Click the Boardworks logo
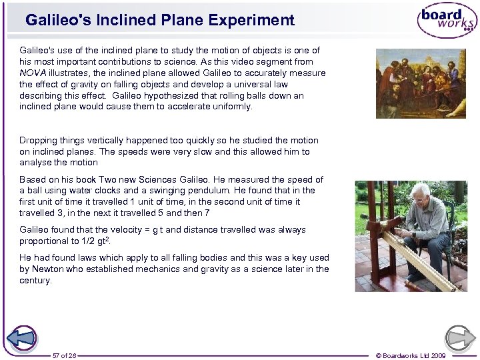point(447,20)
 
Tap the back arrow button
point(24,337)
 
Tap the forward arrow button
point(460,337)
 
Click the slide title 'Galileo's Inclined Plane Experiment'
point(160,20)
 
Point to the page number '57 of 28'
point(65,356)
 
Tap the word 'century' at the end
point(35,281)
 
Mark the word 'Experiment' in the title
point(256,20)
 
